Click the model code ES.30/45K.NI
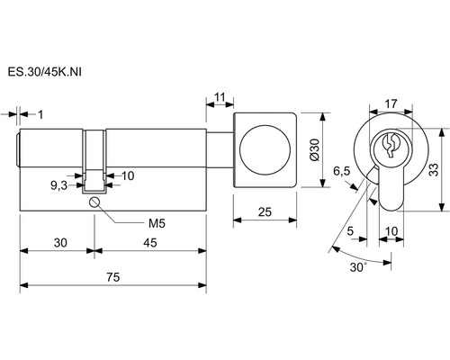tap(44, 72)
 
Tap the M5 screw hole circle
tap(94, 202)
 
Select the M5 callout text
tap(157, 223)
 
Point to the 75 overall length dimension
tap(113, 277)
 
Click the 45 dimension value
tap(150, 242)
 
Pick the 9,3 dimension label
tap(58, 186)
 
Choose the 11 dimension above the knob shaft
tap(220, 97)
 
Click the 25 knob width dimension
tap(265, 212)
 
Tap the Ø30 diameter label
tap(315, 150)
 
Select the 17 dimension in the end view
tap(391, 103)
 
